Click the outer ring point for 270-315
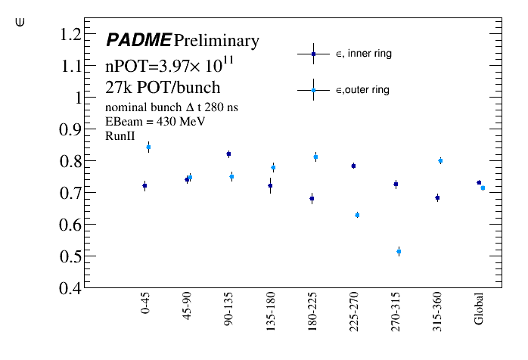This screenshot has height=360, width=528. pos(399,251)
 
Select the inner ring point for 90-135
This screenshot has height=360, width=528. pos(228,154)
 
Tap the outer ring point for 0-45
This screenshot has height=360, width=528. pos(148,147)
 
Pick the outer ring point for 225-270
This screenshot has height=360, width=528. pos(357,215)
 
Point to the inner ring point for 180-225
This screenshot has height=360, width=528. pos(312,198)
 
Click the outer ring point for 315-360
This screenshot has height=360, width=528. pos(440,160)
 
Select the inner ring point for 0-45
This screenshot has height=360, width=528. pos(144,185)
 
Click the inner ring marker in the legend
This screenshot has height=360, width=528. pos(312,54)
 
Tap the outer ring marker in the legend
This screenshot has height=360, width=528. pos(312,90)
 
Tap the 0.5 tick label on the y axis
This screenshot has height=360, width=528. pos(70,257)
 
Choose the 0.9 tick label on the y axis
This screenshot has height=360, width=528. pos(70,130)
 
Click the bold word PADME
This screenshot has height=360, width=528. pos(138,40)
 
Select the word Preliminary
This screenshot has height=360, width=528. pos(216,40)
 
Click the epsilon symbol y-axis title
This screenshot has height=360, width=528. pos(20,23)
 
